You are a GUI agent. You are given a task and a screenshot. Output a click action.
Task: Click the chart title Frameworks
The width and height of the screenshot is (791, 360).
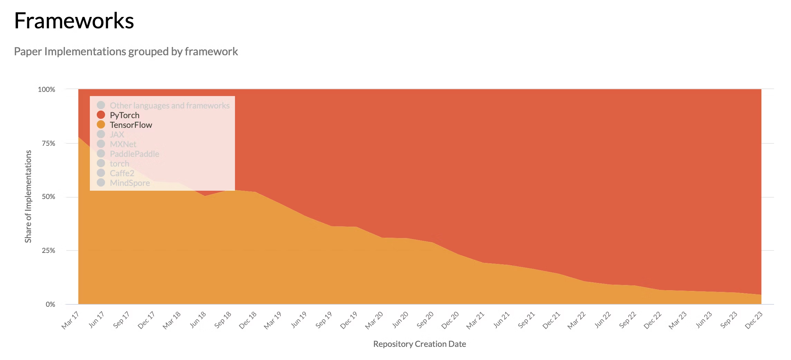74,21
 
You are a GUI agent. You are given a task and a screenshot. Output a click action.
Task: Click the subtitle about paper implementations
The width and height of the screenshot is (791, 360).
126,51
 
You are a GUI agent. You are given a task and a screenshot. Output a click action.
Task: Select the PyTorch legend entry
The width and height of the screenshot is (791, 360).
124,115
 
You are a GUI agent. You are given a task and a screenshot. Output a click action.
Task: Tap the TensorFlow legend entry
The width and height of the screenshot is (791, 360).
131,125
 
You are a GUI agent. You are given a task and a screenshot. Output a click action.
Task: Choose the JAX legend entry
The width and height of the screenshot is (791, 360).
117,134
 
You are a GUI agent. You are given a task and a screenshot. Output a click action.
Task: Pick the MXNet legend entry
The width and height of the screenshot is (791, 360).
123,144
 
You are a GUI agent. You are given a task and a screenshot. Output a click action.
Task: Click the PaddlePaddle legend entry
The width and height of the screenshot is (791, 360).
134,154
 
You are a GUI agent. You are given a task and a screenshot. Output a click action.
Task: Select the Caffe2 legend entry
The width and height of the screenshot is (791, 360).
122,173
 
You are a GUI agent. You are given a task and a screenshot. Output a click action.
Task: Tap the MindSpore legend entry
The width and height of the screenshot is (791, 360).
130,183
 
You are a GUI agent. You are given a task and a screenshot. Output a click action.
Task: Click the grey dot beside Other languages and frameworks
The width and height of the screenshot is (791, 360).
101,105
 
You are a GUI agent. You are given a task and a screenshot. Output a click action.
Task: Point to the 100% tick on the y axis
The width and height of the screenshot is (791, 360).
47,89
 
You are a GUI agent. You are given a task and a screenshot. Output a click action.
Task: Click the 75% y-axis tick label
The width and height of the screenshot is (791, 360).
48,143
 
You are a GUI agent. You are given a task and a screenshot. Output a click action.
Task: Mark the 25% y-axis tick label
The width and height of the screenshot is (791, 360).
48,250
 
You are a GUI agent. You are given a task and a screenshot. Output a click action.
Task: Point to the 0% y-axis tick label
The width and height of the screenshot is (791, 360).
50,304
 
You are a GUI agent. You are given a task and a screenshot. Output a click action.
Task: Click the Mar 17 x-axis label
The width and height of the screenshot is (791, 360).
70,320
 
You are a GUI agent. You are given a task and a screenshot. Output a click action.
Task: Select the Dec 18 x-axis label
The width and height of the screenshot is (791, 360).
248,320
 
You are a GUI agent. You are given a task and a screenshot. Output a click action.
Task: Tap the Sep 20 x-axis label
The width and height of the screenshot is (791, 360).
425,320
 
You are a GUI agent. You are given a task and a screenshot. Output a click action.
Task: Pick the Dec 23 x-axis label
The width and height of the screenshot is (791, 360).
754,320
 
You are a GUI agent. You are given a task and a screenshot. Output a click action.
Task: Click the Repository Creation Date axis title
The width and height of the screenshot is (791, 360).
420,344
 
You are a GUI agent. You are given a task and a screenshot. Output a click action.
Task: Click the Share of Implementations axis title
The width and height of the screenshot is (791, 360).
28,196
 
